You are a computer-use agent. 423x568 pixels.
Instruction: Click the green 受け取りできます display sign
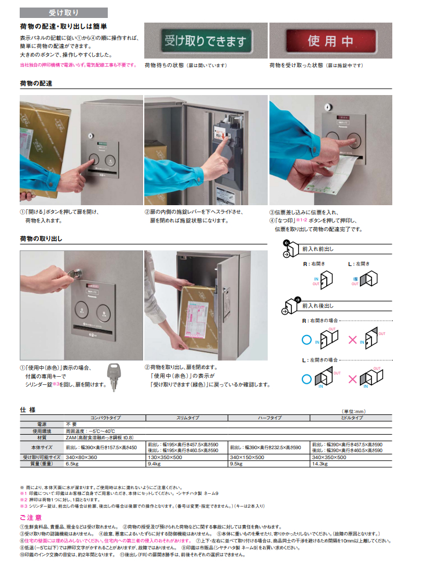click(x=206, y=41)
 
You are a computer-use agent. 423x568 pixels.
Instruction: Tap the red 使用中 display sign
click(x=330, y=41)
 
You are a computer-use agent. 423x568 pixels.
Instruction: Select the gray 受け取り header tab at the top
click(x=63, y=12)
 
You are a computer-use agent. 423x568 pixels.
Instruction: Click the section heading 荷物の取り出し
click(x=41, y=238)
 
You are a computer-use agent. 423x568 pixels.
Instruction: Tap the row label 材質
click(x=41, y=437)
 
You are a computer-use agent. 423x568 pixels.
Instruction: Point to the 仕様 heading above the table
click(x=28, y=409)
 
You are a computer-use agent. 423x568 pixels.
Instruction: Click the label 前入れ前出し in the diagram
click(x=318, y=248)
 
